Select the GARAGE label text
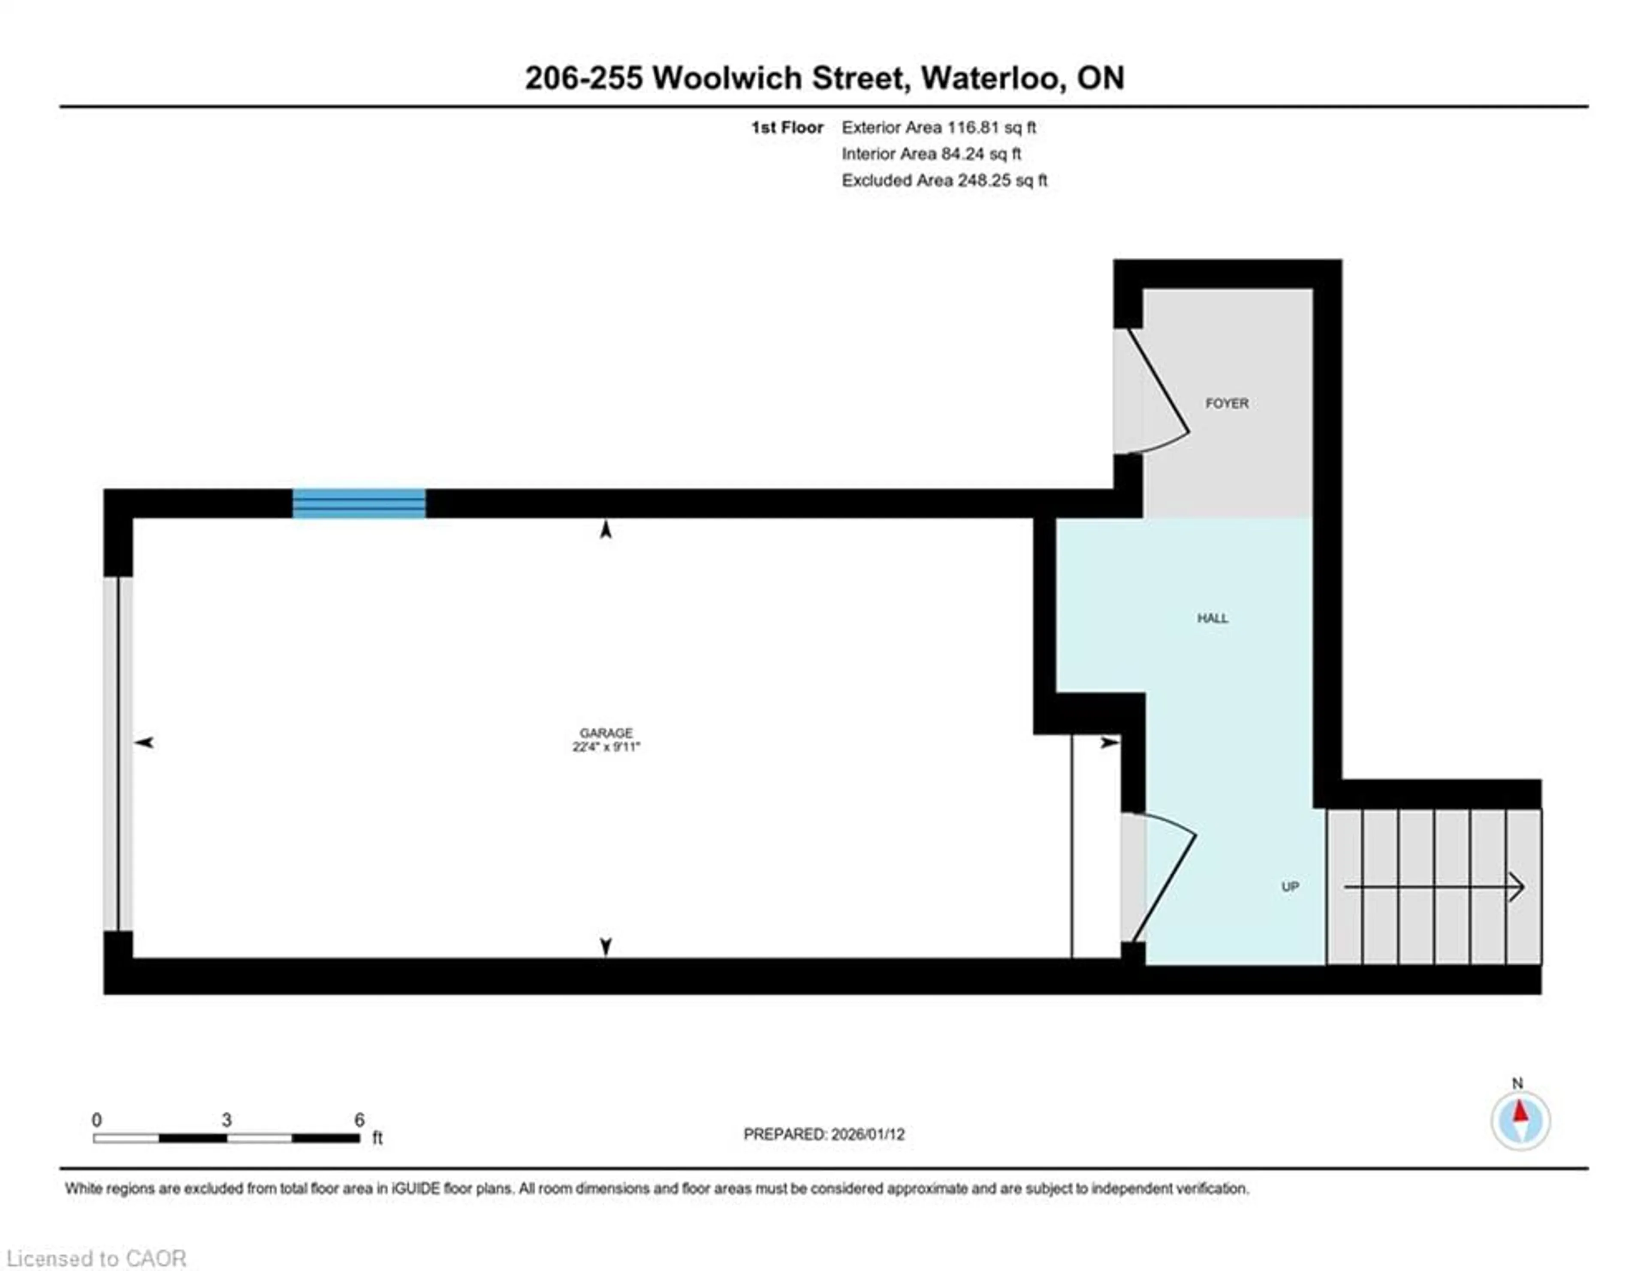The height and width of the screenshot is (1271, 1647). pos(606,733)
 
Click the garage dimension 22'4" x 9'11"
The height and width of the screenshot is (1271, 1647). pos(606,747)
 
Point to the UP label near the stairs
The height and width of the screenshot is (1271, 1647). pos(1290,886)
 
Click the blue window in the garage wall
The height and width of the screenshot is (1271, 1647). pos(359,503)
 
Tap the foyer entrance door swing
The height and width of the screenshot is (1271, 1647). pos(1158,392)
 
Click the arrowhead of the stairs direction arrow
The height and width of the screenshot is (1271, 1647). pos(1517,886)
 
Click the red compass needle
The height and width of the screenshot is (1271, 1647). pos(1520,1111)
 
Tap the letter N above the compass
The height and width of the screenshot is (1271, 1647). pos(1517,1083)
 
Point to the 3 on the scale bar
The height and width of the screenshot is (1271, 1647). pos(226,1120)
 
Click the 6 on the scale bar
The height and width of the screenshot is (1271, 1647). pos(359,1120)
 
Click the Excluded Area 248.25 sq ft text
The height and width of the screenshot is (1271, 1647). pos(944,180)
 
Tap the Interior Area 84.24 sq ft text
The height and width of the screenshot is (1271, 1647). pos(931,154)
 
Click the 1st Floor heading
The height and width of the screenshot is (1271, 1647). pos(787,127)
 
